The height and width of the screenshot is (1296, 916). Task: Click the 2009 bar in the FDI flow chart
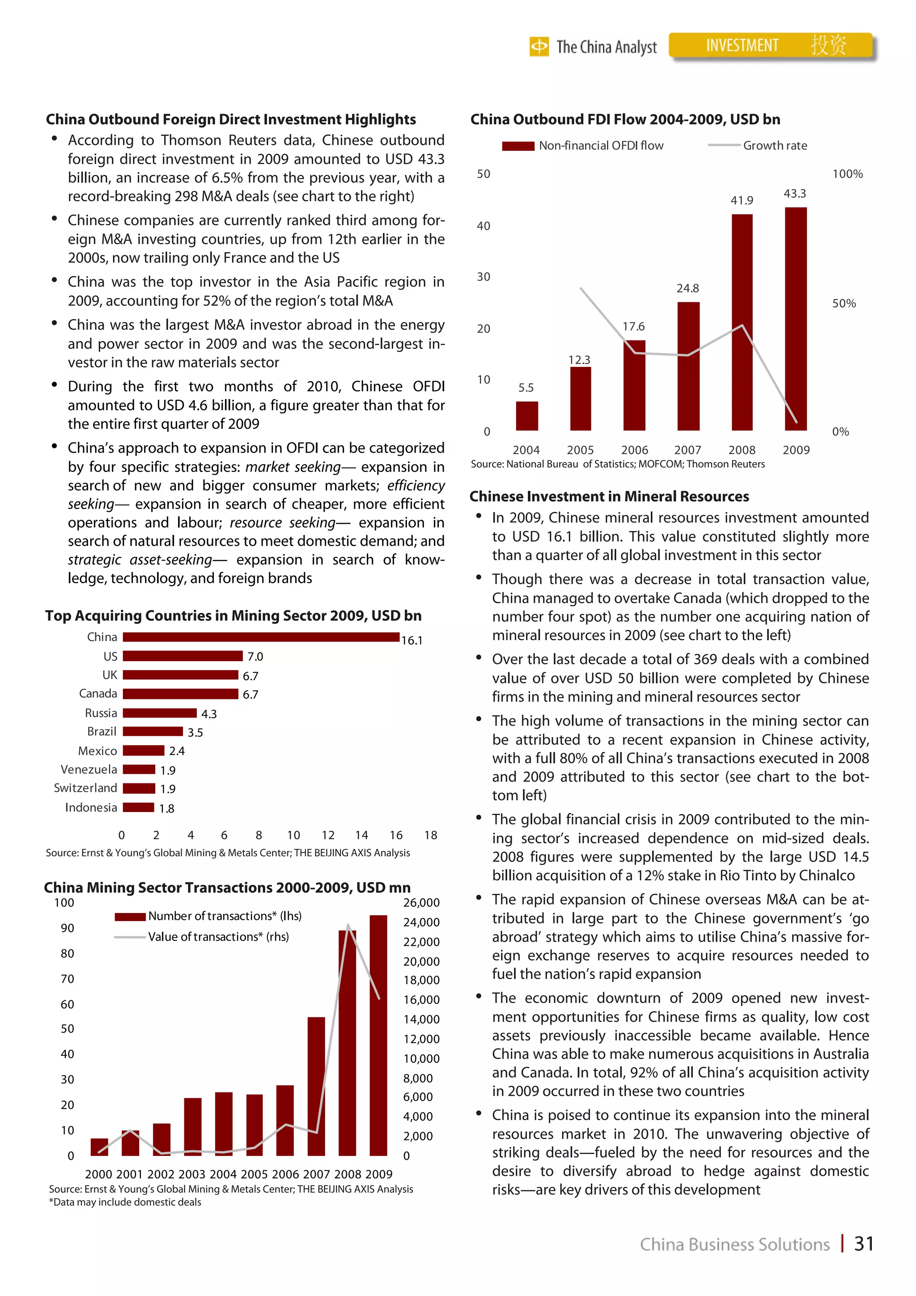pos(795,319)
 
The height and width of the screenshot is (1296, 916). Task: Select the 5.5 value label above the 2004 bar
pos(526,388)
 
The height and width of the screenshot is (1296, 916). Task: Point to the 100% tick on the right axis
pos(847,174)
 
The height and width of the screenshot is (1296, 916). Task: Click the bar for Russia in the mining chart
pos(160,713)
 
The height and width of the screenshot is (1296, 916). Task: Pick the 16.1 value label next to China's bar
pos(411,640)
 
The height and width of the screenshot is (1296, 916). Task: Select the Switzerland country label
pos(85,788)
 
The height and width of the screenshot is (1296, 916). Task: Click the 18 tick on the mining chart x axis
pos(431,835)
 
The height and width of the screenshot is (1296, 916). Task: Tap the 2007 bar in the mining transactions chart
pos(316,1086)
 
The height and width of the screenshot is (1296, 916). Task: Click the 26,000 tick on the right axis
pos(421,903)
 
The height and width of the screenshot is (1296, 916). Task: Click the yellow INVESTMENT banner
pos(770,45)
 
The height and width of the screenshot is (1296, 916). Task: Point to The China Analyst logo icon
pos(539,46)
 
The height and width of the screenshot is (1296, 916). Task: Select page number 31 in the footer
pos(864,1244)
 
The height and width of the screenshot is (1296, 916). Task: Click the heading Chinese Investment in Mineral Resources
pos(609,496)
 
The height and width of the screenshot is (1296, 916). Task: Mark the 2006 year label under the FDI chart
pos(634,450)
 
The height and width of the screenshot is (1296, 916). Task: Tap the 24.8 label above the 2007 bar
pos(687,289)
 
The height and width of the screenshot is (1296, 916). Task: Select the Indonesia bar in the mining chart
pos(138,807)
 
